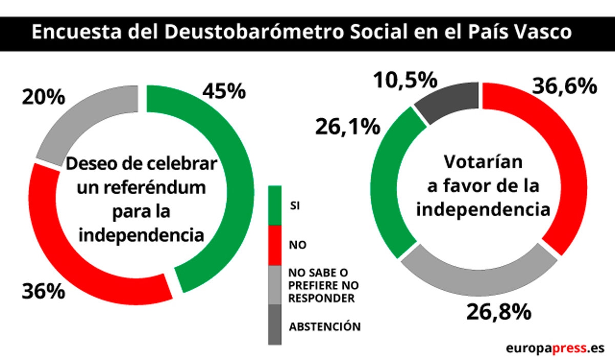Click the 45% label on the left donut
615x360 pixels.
click(224, 91)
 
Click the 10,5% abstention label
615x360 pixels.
click(405, 80)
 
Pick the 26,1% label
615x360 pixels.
click(347, 125)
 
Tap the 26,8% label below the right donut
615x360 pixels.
click(498, 311)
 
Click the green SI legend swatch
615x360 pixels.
click(275, 205)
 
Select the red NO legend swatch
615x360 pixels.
click(275, 245)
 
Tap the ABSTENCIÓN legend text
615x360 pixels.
click(324, 326)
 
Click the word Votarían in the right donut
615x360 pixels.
click(483, 162)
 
